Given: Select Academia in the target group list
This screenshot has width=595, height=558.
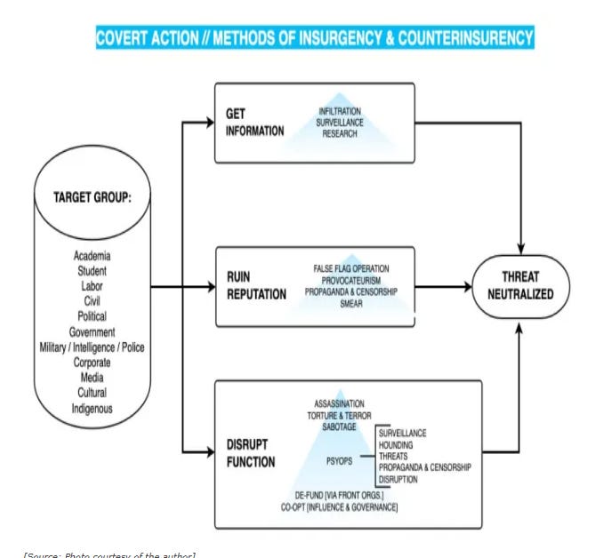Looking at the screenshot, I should click(x=92, y=257).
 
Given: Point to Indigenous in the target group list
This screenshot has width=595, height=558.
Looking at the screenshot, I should click(x=92, y=409).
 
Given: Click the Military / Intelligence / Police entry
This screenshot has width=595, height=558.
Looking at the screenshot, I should click(x=92, y=347).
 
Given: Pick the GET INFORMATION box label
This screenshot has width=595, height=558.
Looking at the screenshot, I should click(x=254, y=124).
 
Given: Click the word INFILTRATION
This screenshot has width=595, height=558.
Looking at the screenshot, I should click(x=340, y=111).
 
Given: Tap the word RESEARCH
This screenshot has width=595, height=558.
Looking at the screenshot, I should click(x=340, y=133).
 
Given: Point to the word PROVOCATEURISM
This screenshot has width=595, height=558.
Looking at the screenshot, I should click(x=351, y=279).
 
